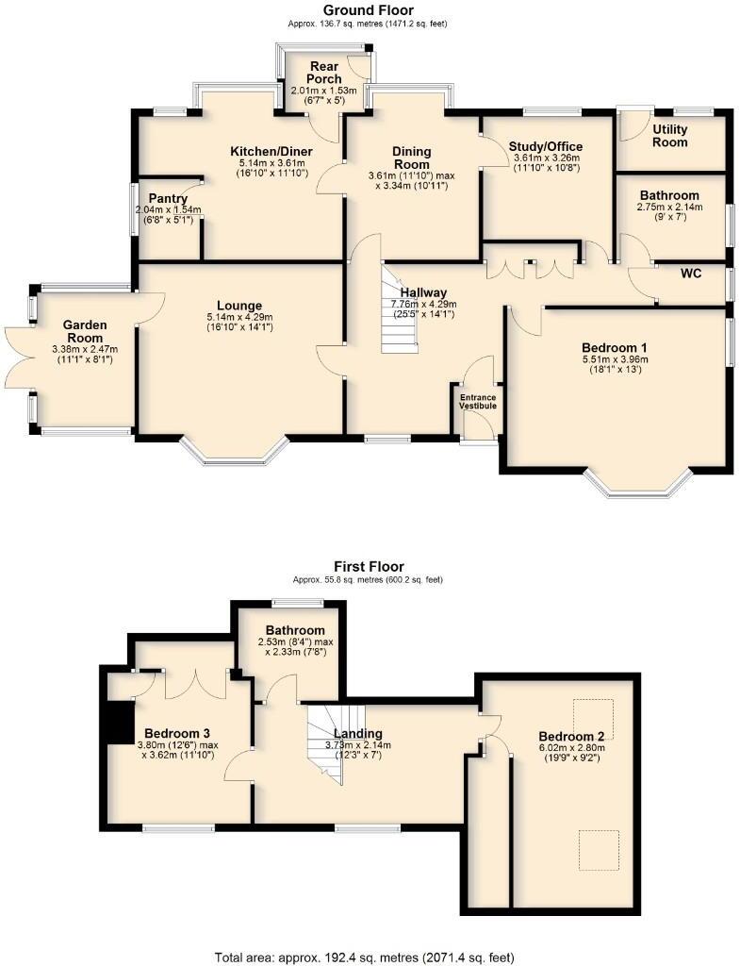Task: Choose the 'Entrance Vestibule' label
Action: (x=477, y=402)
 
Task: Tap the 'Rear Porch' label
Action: (x=324, y=73)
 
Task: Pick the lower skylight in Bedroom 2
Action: (x=599, y=850)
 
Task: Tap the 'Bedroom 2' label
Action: (x=570, y=736)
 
